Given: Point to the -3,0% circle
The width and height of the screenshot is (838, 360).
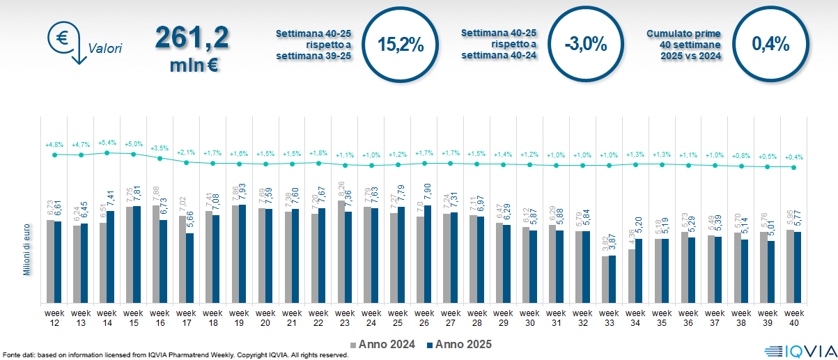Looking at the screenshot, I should (586, 45).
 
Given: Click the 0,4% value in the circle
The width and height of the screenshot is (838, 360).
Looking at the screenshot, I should (770, 45).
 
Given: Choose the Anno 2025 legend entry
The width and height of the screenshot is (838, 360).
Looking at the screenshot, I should (459, 344).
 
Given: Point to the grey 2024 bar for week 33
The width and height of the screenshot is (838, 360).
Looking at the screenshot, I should (605, 279).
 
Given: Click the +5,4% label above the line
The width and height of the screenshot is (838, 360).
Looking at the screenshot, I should (107, 142).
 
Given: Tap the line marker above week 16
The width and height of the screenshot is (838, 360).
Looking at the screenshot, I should (160, 158).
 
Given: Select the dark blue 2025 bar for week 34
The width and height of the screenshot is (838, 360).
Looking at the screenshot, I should (639, 271).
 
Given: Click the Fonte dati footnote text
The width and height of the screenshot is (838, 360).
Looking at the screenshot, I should (175, 355).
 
